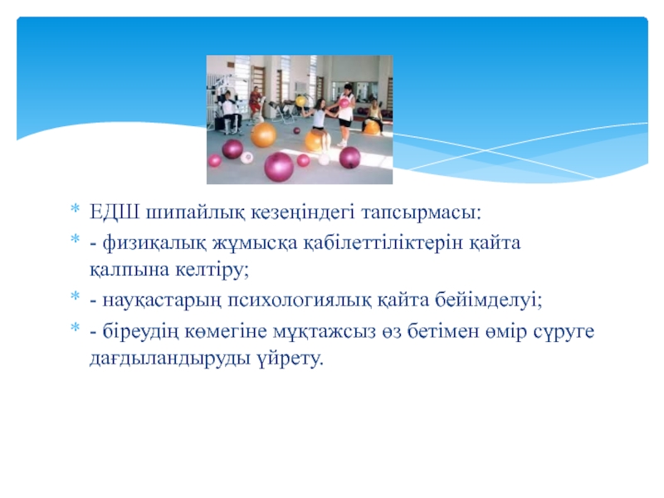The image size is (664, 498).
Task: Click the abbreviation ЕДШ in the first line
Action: (115, 212)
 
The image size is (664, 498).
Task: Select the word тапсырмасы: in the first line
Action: (422, 212)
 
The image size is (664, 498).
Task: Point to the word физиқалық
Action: (154, 243)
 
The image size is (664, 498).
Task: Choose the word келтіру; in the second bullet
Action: (212, 270)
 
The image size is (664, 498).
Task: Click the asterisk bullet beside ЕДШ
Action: (75, 208)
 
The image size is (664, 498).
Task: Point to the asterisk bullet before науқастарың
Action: (75, 295)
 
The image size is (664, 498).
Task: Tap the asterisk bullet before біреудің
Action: (75, 327)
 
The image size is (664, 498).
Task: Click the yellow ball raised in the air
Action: (300, 101)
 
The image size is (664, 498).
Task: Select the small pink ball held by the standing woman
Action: (344, 103)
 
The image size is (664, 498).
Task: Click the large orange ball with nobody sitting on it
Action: (263, 134)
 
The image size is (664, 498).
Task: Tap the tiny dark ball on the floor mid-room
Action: (296, 131)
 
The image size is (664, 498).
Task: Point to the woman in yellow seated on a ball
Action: (374, 114)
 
